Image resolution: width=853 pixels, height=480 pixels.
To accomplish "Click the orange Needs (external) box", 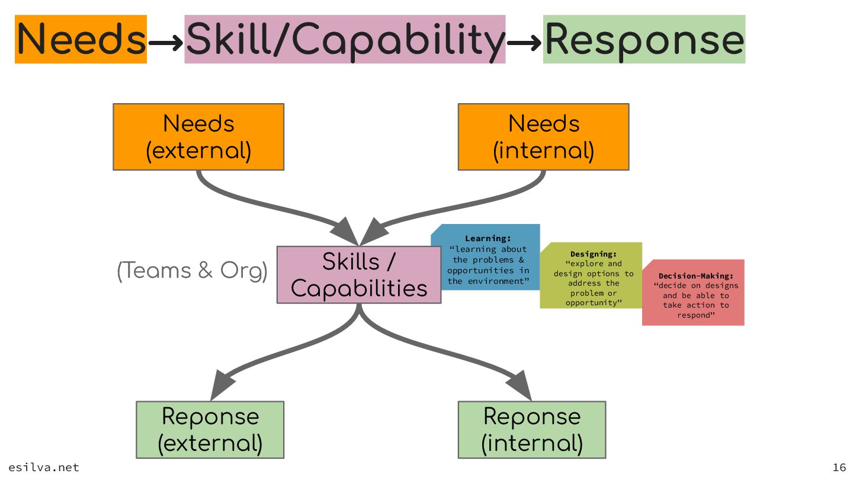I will [x=198, y=137].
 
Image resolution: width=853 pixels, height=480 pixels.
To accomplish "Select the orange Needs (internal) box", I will [x=543, y=137].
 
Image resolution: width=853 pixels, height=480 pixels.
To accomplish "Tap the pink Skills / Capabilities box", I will [x=359, y=275].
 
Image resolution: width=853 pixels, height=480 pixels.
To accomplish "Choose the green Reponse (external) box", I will [x=210, y=430].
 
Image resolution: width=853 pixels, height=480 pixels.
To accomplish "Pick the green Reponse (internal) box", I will [x=531, y=430].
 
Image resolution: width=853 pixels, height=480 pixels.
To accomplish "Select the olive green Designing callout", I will [x=593, y=276].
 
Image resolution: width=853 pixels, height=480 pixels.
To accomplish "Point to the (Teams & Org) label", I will [x=193, y=271].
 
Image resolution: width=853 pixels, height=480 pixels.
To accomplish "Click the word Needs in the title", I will [x=81, y=39].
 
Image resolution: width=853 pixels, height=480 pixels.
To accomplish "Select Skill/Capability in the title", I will [x=345, y=39].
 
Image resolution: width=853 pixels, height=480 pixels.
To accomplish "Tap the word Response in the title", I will [x=644, y=39].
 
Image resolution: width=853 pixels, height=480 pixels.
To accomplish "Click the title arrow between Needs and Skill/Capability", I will [x=166, y=42].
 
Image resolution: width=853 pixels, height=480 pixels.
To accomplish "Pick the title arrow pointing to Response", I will [x=525, y=42].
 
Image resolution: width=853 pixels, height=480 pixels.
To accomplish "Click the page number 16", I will [x=839, y=468].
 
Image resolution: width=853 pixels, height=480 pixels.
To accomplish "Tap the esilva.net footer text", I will [x=44, y=468].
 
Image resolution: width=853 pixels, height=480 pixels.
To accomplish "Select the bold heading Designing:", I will [x=593, y=254].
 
